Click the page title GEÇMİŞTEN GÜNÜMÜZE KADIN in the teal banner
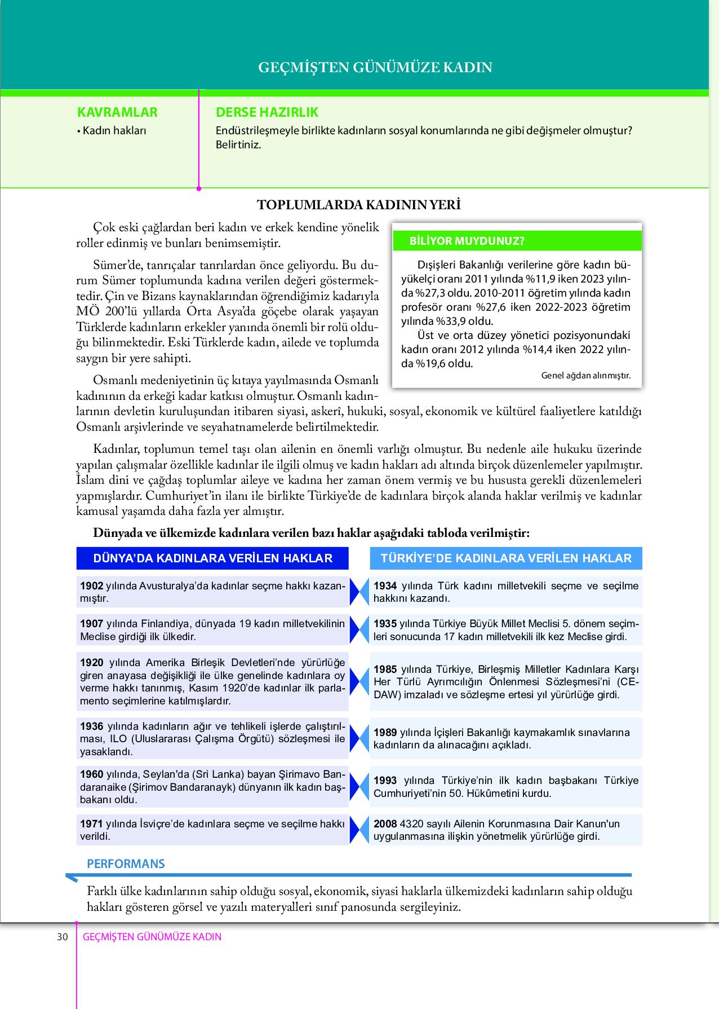[x=375, y=67]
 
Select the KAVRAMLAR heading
[x=117, y=112]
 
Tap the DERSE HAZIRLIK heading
[x=267, y=112]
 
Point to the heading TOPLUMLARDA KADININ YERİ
[x=359, y=205]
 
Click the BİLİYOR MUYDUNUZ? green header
[x=467, y=241]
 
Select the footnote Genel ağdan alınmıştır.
[x=585, y=376]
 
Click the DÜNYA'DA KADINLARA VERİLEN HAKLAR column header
[x=212, y=558]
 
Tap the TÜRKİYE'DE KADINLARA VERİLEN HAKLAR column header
[x=506, y=558]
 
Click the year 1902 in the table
[x=91, y=586]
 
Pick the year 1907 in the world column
[x=91, y=624]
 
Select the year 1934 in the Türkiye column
[x=385, y=586]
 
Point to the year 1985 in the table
[x=385, y=669]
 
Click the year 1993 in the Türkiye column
[x=385, y=781]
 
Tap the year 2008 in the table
[x=385, y=824]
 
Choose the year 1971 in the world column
[x=91, y=824]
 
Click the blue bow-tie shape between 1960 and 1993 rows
[x=359, y=787]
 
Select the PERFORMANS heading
[x=126, y=864]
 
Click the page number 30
[x=62, y=937]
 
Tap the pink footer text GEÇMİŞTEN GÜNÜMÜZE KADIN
[x=152, y=937]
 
